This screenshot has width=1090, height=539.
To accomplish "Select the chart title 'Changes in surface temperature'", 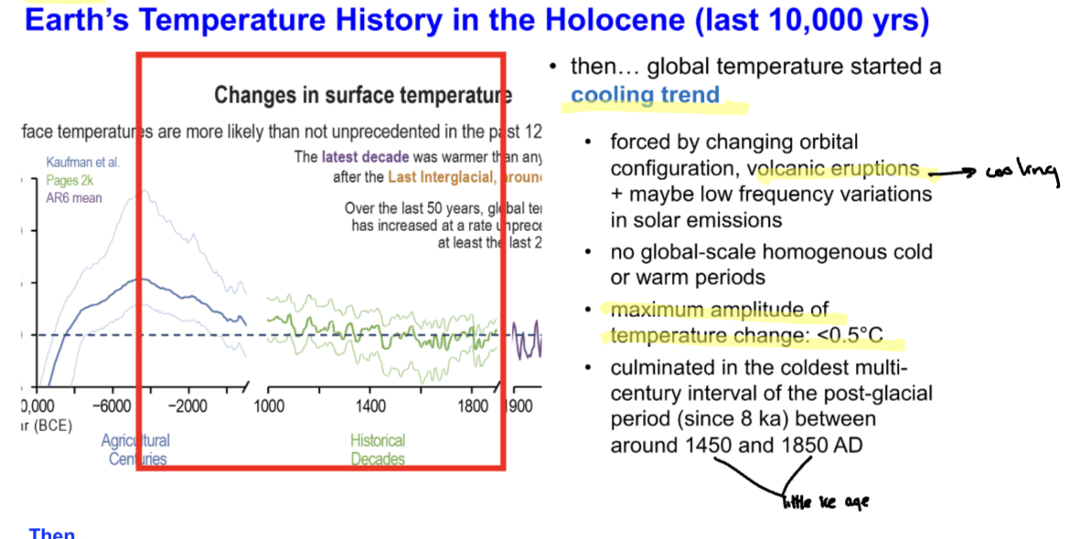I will (362, 95).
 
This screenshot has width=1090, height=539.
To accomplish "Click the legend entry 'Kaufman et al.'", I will (83, 163).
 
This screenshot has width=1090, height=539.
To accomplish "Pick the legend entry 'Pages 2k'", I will (74, 180).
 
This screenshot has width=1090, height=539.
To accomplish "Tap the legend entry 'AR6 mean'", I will (74, 197).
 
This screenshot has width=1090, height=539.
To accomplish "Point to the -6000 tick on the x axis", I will (114, 407).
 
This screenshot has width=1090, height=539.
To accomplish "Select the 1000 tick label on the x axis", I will (267, 407).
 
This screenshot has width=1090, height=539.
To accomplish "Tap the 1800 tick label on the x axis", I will (473, 407).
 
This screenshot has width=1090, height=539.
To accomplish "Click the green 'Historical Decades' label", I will (378, 449).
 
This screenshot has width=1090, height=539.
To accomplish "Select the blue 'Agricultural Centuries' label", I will (135, 449).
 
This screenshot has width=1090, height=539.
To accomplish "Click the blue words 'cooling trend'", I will (645, 95).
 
